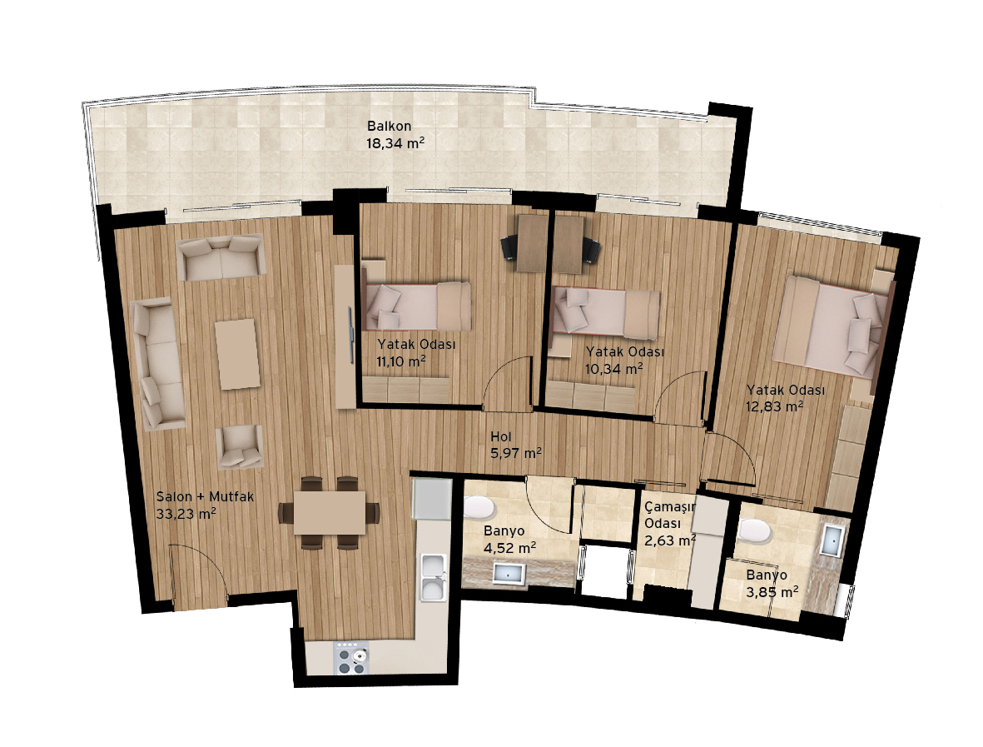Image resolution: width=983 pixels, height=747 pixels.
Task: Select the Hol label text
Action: (501, 436)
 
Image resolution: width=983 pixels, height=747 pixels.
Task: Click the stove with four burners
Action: (351, 658)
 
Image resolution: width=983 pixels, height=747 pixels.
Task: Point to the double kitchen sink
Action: (433, 577)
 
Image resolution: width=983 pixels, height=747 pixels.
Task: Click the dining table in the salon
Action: (330, 512)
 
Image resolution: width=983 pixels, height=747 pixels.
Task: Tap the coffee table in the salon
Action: (237, 354)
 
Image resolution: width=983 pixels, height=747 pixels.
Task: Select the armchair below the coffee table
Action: (240, 446)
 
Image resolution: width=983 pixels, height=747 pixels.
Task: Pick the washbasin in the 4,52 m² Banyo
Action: (509, 573)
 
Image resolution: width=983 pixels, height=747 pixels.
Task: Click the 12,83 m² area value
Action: (775, 406)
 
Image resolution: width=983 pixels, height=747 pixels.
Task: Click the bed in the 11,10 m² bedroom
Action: (417, 306)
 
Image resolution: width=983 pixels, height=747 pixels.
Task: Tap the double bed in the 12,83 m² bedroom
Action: (832, 326)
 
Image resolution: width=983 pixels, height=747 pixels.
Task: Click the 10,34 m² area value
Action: (613, 369)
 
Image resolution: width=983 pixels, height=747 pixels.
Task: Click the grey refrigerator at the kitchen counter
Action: (432, 500)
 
